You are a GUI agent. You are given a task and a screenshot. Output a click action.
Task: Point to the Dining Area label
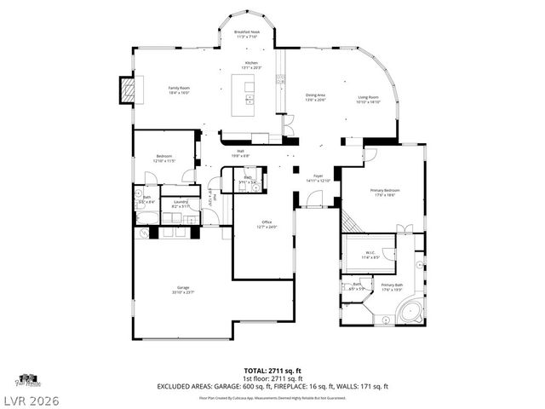[316, 97]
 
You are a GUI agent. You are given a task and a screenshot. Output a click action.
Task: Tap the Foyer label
[316, 177]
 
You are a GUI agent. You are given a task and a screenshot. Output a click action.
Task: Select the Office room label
[267, 224]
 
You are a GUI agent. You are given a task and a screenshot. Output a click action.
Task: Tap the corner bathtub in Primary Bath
[410, 310]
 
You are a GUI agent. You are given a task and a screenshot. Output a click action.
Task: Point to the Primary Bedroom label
[385, 192]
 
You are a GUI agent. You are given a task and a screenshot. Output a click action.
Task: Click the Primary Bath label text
[392, 287]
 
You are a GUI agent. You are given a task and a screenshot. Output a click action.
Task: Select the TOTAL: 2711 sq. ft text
[272, 371]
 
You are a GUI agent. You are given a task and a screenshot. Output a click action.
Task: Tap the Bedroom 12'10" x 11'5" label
[163, 158]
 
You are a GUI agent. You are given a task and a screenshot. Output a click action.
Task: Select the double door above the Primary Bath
[405, 228]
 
